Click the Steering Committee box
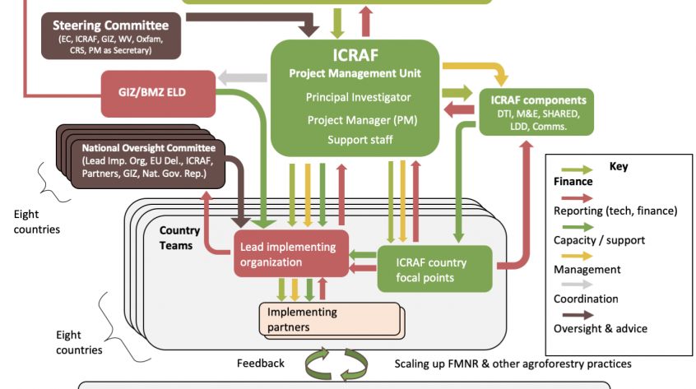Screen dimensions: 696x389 pyautogui.click(x=111, y=36)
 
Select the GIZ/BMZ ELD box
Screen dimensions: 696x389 pyautogui.click(x=159, y=94)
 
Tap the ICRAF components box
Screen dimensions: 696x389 pyautogui.click(x=536, y=112)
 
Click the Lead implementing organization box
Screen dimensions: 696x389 pyautogui.click(x=291, y=254)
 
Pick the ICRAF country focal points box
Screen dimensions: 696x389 pyautogui.click(x=435, y=269)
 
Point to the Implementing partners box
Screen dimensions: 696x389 pyautogui.click(x=330, y=319)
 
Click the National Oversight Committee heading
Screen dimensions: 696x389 pyautogui.click(x=149, y=148)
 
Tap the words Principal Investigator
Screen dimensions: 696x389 pyautogui.click(x=358, y=97)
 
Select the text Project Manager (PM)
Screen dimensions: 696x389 pyautogui.click(x=362, y=120)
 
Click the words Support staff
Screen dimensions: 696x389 pyautogui.click(x=360, y=140)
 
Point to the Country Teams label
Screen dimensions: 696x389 pyautogui.click(x=179, y=238)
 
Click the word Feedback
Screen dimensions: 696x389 pyautogui.click(x=261, y=364)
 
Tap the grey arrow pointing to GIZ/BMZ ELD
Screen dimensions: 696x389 pyautogui.click(x=243, y=77)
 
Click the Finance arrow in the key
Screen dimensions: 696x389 pyautogui.click(x=577, y=169)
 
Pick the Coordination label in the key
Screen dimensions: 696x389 pyautogui.click(x=586, y=299)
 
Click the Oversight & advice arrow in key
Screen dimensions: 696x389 pyautogui.click(x=578, y=315)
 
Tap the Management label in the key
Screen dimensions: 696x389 pyautogui.click(x=587, y=270)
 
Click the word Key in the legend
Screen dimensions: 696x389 pyautogui.click(x=619, y=166)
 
